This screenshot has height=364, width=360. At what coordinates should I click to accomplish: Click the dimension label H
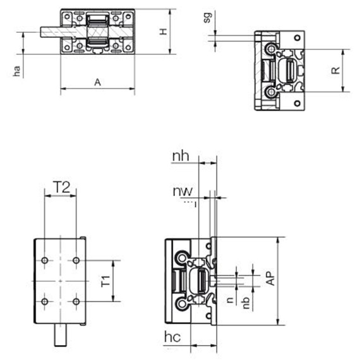tap(164, 32)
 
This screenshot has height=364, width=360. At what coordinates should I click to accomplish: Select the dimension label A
tap(98, 82)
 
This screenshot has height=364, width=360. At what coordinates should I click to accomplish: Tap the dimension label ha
tap(17, 71)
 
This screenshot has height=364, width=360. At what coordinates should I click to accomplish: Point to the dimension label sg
tap(208, 18)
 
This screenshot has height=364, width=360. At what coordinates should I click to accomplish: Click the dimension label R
tap(335, 70)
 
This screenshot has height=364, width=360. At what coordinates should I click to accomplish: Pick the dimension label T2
tap(61, 187)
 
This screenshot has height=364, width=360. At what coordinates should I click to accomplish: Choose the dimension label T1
tap(105, 281)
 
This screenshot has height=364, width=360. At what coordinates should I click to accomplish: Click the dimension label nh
tap(181, 156)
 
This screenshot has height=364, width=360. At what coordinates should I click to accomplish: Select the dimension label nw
tap(183, 191)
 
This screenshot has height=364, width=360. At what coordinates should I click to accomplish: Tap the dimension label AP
tap(270, 278)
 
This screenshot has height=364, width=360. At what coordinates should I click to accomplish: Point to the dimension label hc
tap(172, 337)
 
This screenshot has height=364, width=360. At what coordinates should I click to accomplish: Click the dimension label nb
tap(246, 303)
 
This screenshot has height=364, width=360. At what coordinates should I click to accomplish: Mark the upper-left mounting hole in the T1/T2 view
tap(45, 260)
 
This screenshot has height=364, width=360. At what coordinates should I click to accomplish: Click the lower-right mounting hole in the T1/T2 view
tap(76, 301)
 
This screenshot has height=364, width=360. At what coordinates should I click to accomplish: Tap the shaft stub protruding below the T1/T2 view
tap(61, 335)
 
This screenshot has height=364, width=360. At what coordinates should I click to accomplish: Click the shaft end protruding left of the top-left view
tap(51, 32)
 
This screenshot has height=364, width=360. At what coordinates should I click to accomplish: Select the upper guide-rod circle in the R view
tap(271, 49)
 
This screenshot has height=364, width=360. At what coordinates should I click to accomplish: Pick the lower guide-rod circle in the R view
tap(271, 92)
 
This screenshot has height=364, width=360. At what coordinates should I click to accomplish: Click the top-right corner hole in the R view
tap(297, 38)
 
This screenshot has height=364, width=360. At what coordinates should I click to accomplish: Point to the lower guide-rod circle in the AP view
tap(183, 304)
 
